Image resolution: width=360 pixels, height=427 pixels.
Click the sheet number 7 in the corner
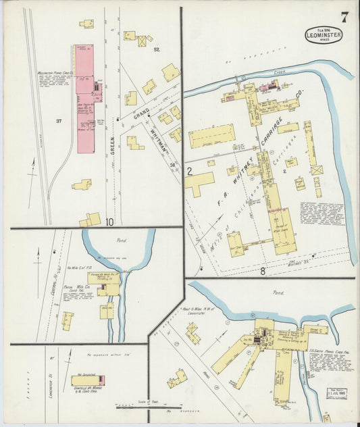344,18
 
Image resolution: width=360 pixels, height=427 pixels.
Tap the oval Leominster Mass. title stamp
323,34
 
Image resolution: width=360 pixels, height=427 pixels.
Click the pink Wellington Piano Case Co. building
85,98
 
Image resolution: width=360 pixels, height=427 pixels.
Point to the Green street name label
112,145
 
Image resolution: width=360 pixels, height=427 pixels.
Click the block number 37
59,121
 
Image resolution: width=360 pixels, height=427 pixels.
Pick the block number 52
156,50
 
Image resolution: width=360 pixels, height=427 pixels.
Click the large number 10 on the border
109,221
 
